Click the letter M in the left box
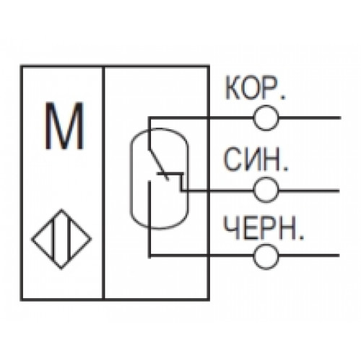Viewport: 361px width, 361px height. [x=64, y=126]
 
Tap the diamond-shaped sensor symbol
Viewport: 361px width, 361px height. [x=61, y=239]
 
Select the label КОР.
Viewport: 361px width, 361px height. [x=255, y=88]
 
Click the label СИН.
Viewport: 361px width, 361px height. [x=256, y=159]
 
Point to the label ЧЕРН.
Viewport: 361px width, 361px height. [x=264, y=227]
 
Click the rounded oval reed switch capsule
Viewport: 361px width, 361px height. [x=130, y=178]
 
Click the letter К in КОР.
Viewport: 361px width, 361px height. [x=232, y=88]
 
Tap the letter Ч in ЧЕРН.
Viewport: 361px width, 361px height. [x=231, y=227]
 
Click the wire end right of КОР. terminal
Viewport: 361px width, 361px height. [x=340, y=118]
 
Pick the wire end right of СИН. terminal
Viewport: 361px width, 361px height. [x=339, y=191]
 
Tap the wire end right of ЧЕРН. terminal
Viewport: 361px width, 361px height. [x=339, y=256]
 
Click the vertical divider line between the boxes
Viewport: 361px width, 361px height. [x=103, y=183]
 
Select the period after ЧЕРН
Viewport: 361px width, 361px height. [x=301, y=238]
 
